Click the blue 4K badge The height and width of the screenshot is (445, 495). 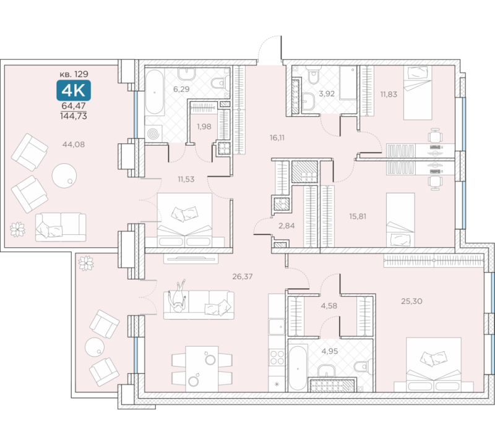click(74, 90)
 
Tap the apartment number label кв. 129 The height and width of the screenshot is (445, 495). click(74, 74)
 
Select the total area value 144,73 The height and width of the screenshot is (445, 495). click(74, 116)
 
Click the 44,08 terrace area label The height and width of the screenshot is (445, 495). click(74, 145)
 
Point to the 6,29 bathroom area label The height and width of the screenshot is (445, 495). click(181, 89)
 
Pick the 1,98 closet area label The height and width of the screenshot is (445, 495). click(204, 127)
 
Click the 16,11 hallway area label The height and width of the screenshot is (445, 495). click(277, 137)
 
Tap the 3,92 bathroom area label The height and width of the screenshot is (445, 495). click(327, 94)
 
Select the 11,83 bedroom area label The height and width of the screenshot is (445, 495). click(389, 94)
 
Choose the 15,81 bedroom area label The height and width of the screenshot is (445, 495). click(358, 216)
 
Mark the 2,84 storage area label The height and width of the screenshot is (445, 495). click(286, 226)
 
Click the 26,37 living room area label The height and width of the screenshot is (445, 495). click(243, 277)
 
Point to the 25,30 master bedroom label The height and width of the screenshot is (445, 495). click(411, 301)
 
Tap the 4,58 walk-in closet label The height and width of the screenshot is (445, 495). click(329, 305)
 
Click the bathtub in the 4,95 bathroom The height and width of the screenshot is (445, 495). click(298, 368)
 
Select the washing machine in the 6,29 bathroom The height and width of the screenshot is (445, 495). click(154, 133)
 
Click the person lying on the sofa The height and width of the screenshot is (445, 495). click(178, 296)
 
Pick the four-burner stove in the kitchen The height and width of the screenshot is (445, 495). click(277, 357)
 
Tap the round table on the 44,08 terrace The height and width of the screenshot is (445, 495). click(64, 176)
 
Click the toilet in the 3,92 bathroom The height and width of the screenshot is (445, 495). click(313, 75)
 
